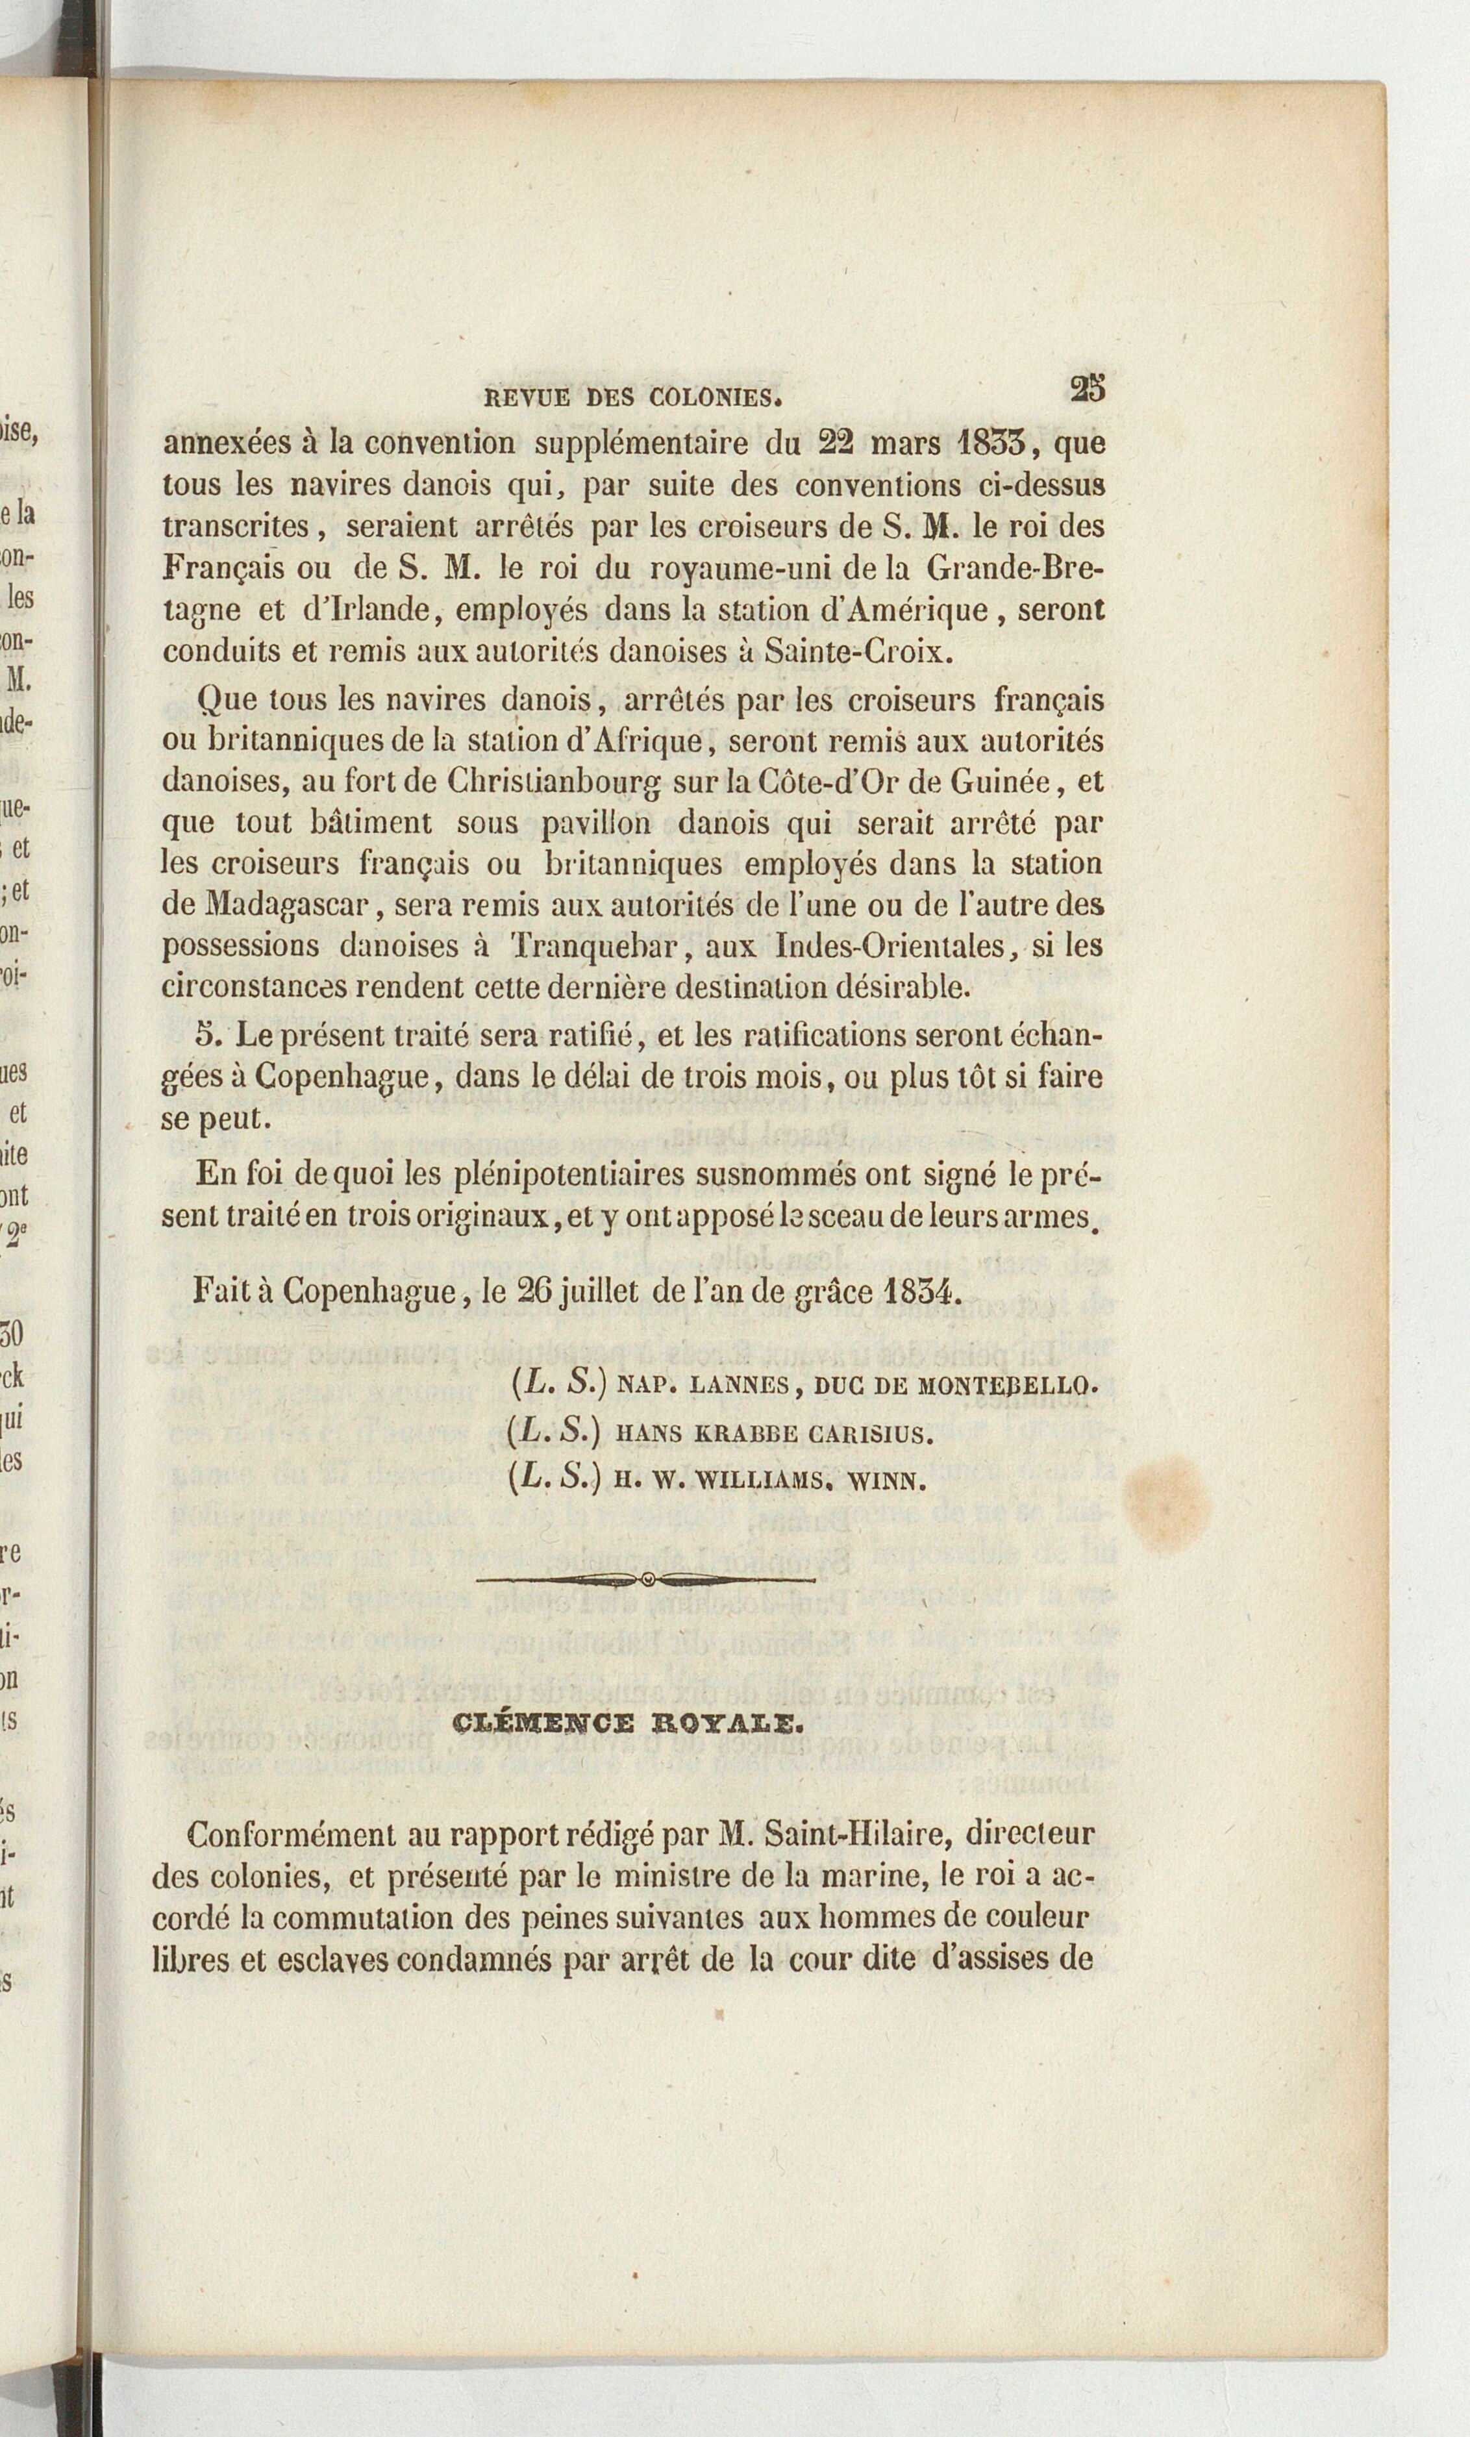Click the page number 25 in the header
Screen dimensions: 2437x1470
click(x=1086, y=389)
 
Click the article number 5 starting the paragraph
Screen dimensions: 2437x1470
click(x=206, y=1034)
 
